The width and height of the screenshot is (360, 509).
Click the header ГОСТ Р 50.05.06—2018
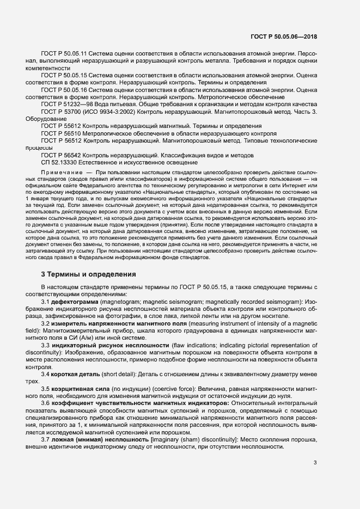[285, 37]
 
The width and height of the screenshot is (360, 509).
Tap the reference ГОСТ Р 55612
[60, 126]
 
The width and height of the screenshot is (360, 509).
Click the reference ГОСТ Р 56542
[60, 155]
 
